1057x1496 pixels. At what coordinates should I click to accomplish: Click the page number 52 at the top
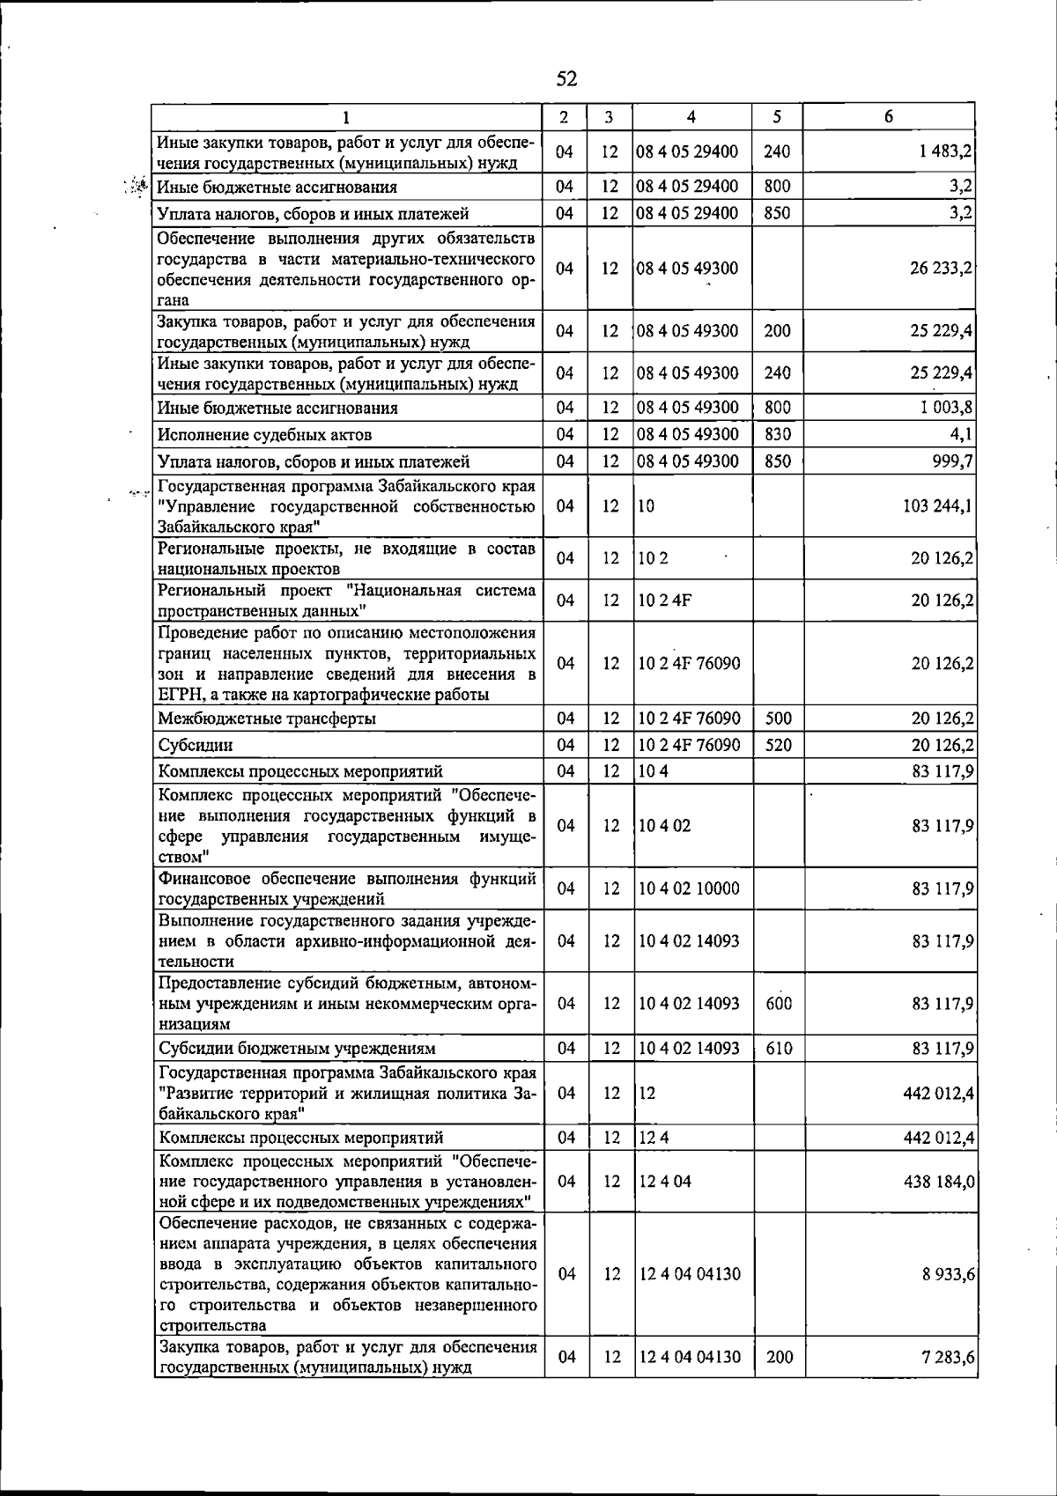coord(566,79)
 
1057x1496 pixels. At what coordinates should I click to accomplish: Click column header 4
coord(691,117)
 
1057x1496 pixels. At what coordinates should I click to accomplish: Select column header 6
coord(889,117)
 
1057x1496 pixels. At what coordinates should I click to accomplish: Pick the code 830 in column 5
coord(777,434)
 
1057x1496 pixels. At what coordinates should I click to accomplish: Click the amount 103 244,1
coord(936,505)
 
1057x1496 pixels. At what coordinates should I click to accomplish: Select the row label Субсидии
coord(196,745)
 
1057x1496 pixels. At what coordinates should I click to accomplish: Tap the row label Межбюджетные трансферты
coord(267,719)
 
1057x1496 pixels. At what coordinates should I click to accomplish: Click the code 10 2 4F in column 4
coord(662,601)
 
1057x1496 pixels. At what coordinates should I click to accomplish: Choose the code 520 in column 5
coord(779,745)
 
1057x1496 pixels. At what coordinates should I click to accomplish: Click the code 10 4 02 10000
coord(689,888)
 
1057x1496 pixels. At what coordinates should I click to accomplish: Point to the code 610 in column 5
coord(779,1048)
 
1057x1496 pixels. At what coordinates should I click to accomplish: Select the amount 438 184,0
coord(938,1181)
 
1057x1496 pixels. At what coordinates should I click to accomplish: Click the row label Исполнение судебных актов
coord(264,435)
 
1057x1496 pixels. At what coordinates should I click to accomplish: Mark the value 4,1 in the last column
coord(961,434)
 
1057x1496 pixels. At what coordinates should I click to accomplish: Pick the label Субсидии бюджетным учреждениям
coord(297,1049)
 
